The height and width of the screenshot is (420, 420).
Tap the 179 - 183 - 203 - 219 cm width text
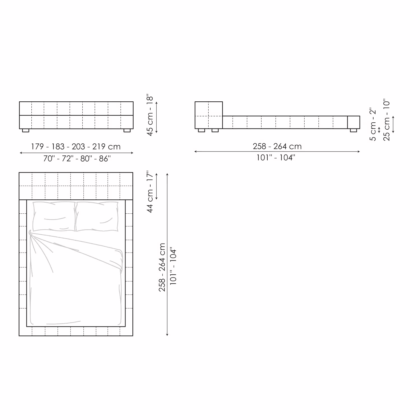point(76,146)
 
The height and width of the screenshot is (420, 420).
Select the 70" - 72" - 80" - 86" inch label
point(77,158)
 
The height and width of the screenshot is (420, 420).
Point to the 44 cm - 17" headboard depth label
point(150,192)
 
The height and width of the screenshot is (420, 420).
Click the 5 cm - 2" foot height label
point(373,124)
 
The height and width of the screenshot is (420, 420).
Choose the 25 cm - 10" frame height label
point(386,120)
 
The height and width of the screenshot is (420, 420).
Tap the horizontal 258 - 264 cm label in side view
point(277,146)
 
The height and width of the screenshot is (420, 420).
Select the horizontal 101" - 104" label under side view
point(276,157)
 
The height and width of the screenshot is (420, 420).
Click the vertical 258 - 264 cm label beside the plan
point(162,267)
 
